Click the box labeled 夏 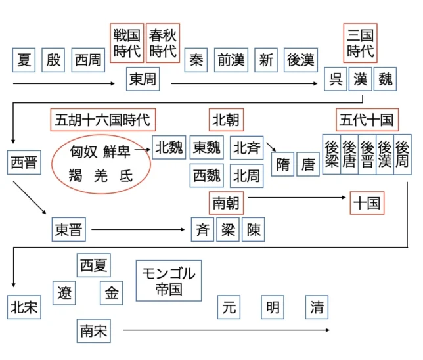click(24, 60)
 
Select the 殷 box click(54, 60)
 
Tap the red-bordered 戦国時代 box click(127, 42)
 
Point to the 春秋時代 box click(162, 42)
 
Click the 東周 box click(143, 79)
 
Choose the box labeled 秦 click(196, 60)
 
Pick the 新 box click(266, 60)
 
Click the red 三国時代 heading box click(361, 42)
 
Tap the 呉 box click(336, 79)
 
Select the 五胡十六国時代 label click(102, 120)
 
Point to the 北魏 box click(169, 148)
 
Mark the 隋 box click(283, 164)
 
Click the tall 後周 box click(402, 155)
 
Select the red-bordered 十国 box click(367, 203)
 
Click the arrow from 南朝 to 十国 click(296, 197)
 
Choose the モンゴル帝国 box click(169, 281)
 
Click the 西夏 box click(93, 265)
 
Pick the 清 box click(317, 306)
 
